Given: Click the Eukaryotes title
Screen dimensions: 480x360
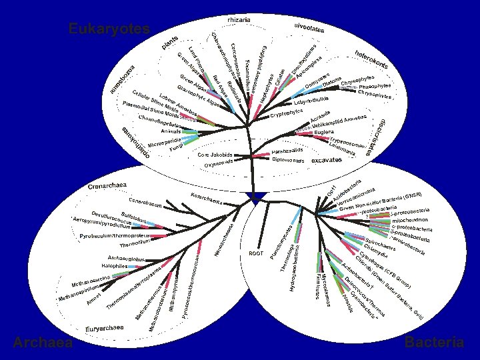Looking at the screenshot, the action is click(109, 29).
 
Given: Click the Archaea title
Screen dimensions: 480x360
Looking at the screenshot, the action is click(42, 343).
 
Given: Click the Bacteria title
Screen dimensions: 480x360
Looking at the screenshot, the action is click(434, 343).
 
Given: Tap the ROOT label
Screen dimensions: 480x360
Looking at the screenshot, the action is click(256, 253).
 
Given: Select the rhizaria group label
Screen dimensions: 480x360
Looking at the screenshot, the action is click(239, 20).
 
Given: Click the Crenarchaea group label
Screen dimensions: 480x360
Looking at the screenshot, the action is click(107, 185).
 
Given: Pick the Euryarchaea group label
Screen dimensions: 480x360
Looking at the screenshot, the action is click(105, 328).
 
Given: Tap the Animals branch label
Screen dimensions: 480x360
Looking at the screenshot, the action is click(171, 131).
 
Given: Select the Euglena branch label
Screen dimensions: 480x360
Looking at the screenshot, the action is click(325, 133).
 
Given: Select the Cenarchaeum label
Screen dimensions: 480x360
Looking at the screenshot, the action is click(145, 201).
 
